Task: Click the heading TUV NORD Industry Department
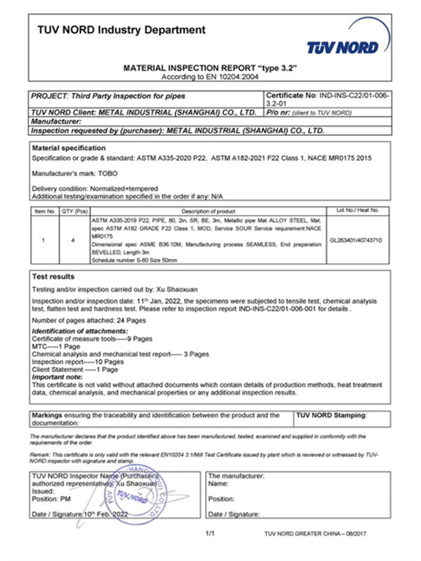click(122, 30)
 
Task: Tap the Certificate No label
click(289, 96)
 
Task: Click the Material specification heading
click(69, 148)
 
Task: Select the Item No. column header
click(44, 211)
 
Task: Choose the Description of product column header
click(207, 211)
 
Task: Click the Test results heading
click(54, 277)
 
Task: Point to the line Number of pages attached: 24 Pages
click(89, 320)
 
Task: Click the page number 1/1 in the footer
click(210, 534)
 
